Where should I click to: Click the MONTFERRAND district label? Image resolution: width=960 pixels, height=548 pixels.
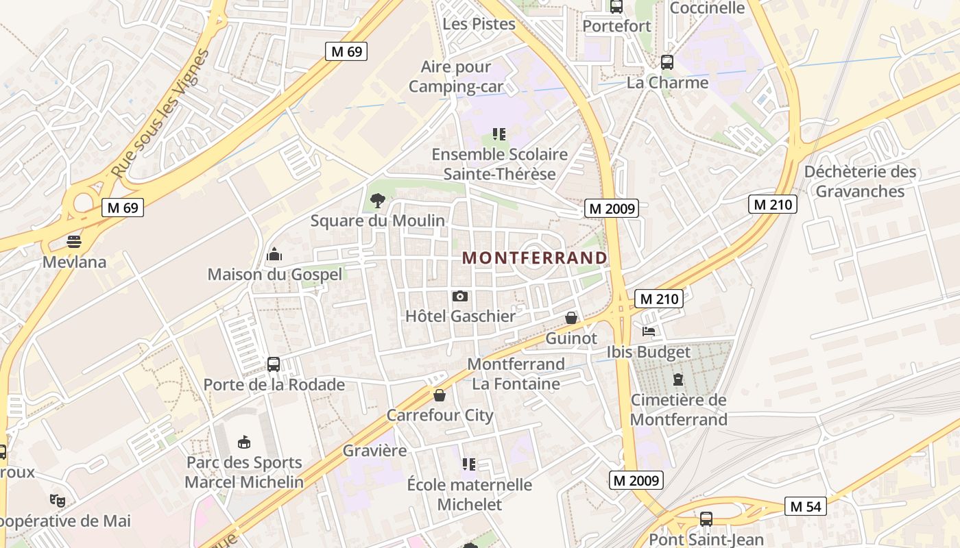pos(534,258)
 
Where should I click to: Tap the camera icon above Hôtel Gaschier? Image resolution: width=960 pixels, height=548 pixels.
pos(460,296)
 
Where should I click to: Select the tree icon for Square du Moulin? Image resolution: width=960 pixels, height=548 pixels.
pos(377,201)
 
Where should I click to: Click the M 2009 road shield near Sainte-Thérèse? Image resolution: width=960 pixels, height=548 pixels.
pos(612,208)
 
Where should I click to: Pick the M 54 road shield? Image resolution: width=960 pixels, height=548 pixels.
pos(805,506)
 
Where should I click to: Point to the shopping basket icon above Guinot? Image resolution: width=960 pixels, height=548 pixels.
pos(571,318)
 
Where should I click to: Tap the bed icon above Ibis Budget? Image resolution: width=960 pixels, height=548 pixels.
pos(649,332)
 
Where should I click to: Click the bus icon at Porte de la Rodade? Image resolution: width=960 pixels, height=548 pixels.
pos(273,364)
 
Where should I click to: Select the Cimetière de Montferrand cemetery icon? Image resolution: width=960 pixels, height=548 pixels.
pos(678,379)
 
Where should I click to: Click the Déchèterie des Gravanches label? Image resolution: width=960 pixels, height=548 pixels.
pos(860,181)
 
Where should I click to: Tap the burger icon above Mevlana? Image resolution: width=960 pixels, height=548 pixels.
pos(74,241)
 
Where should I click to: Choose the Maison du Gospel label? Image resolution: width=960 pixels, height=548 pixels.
pos(274,274)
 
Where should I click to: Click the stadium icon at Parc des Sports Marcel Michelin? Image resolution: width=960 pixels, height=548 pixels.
pos(243,442)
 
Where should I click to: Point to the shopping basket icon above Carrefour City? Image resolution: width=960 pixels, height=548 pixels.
pos(440,395)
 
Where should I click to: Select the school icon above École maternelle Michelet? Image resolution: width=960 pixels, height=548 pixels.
pos(469,464)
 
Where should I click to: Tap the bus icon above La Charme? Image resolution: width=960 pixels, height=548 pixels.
pos(667,62)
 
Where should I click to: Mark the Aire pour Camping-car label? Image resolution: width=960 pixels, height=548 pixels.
pos(456,77)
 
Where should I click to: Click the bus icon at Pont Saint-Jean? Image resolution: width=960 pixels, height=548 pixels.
pos(706,519)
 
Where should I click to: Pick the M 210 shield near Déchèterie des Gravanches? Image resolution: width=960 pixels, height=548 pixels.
pos(772,203)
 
